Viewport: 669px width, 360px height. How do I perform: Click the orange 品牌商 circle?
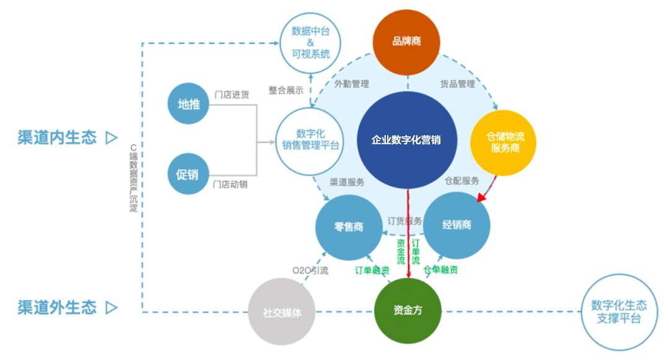pos(406,42)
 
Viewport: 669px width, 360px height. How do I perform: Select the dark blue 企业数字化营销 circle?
pos(406,140)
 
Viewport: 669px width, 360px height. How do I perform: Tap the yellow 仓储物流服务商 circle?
pos(504,143)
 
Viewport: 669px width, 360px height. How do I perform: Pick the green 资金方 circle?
pos(408,310)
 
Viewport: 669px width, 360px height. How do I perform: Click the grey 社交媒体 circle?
pos(282,312)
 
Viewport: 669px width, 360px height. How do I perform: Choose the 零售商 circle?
pos(349,227)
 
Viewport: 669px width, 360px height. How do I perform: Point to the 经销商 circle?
pos(457,225)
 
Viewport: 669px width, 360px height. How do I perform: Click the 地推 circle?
pos(188,103)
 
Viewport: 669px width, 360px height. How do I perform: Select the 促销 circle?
pos(188,174)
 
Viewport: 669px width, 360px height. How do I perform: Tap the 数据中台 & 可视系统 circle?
pos(310,43)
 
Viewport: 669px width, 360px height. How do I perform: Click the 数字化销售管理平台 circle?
pos(310,141)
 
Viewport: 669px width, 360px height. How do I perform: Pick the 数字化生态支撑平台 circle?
pos(619,312)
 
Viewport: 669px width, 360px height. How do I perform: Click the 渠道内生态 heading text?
pos(57,138)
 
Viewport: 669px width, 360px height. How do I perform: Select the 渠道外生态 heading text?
pos(57,307)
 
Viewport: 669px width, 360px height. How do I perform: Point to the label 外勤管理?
pos(352,84)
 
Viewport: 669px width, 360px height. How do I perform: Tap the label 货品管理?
pos(457,84)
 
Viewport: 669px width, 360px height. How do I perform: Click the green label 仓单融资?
pos(440,270)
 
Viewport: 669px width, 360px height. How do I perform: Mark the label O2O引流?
pos(310,270)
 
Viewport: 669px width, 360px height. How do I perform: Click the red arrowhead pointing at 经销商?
pos(482,198)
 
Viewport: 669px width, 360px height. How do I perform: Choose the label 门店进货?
pos(232,95)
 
